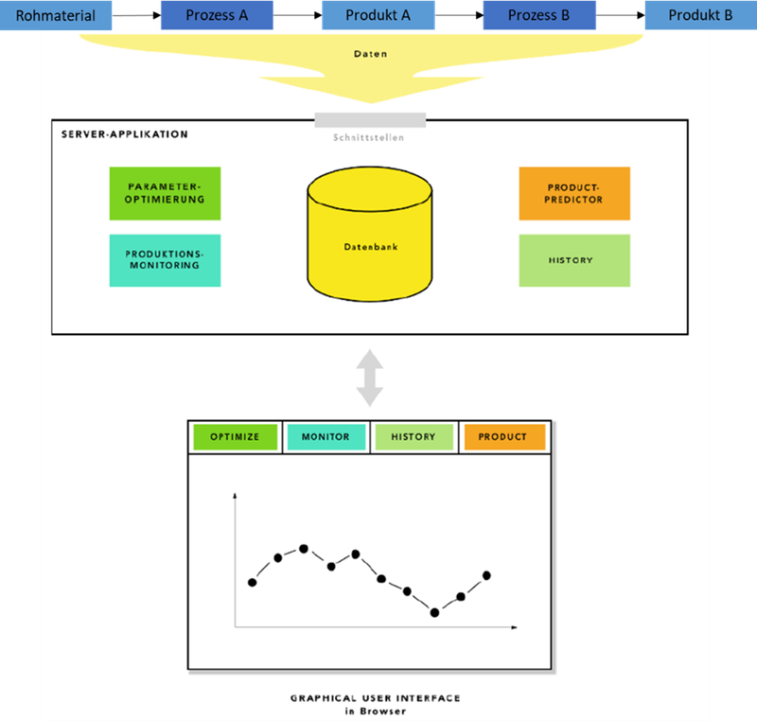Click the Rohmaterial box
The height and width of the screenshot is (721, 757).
tap(55, 15)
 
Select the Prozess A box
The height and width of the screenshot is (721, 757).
tap(217, 15)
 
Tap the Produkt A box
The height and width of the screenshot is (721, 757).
tap(378, 15)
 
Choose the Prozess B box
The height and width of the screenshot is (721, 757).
tap(538, 15)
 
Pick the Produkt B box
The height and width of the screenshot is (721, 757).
tap(700, 15)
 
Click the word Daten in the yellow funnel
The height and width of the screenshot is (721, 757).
tap(370, 54)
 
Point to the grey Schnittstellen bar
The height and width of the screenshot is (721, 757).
tap(370, 120)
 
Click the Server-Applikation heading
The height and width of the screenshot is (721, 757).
tap(124, 134)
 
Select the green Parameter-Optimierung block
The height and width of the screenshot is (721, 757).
tap(165, 193)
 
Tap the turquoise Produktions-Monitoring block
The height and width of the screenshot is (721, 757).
tap(165, 260)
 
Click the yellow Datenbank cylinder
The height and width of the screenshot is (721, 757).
tap(370, 237)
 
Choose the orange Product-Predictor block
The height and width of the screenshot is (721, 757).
tap(574, 193)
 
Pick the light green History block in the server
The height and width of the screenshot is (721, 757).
tap(574, 260)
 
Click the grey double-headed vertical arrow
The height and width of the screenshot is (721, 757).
tap(369, 378)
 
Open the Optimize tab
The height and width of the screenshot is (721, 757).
tap(235, 437)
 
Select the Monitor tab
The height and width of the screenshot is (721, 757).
tap(326, 437)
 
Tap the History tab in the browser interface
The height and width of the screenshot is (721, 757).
tap(414, 437)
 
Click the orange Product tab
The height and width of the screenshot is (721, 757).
tap(503, 437)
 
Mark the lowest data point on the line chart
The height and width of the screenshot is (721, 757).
tap(435, 612)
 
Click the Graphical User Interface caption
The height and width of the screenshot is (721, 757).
tap(375, 698)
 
